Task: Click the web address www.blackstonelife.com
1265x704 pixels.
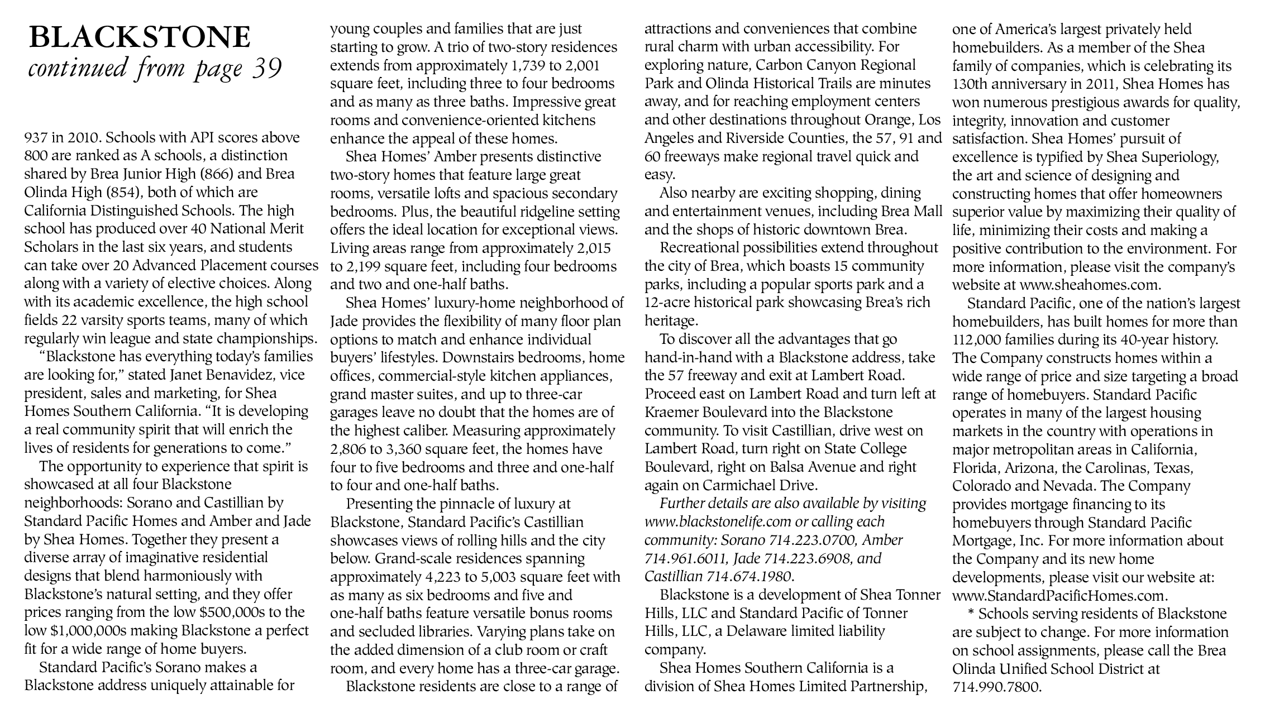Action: (719, 522)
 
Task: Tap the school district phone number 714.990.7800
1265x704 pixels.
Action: (997, 687)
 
